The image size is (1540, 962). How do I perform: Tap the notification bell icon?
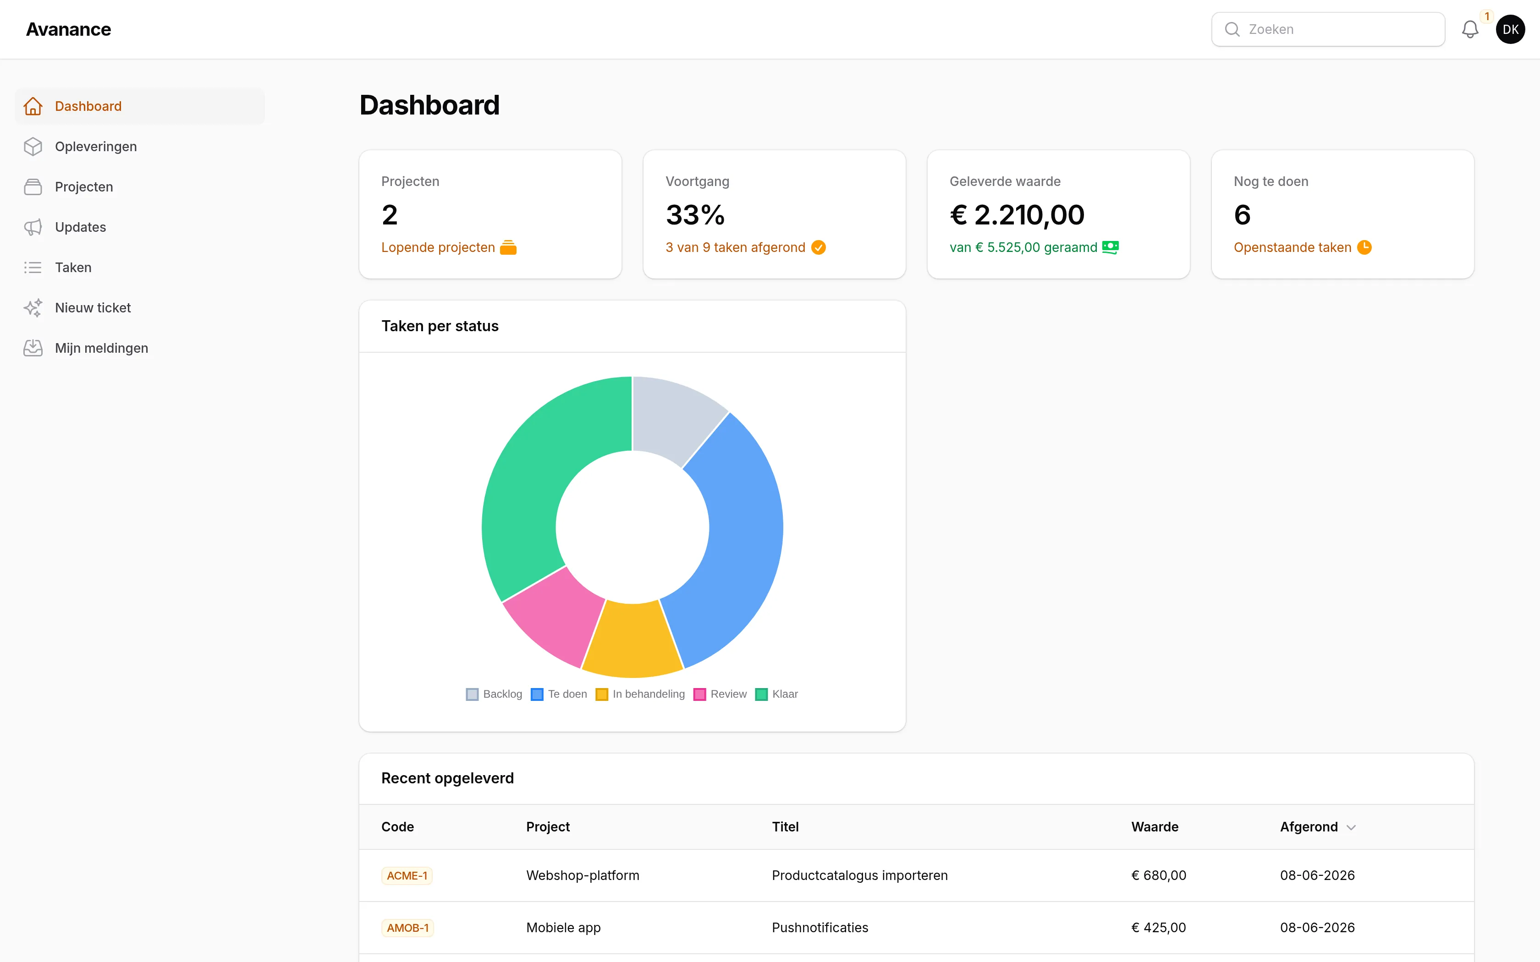1469,29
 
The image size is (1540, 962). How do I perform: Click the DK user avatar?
1510,29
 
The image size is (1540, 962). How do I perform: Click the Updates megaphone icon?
33,227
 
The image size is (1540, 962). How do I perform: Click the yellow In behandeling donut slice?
632,640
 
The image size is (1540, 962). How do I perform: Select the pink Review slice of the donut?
552,616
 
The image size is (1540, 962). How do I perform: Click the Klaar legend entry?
776,694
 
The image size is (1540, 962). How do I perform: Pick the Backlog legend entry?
494,694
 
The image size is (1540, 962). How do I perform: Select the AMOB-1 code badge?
408,928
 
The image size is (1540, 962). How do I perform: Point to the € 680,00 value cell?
1159,875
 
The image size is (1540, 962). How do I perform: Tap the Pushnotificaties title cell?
819,928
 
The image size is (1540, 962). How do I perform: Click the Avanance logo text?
69,29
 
